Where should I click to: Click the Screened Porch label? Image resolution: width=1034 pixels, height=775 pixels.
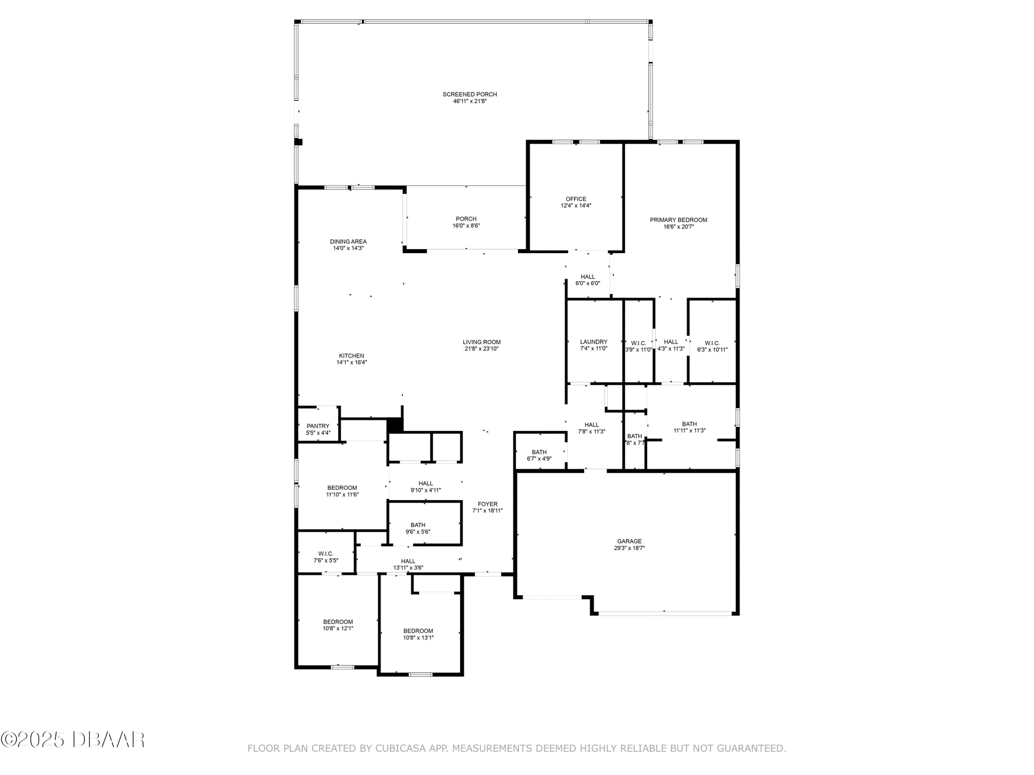[469, 95]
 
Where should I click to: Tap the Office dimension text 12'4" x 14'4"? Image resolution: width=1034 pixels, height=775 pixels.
[576, 206]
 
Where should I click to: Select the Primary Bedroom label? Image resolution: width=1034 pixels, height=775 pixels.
[678, 220]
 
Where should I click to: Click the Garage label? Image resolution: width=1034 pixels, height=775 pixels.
[629, 541]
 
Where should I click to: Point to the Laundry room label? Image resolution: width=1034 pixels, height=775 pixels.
[594, 342]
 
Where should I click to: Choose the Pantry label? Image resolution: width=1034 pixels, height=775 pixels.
[318, 426]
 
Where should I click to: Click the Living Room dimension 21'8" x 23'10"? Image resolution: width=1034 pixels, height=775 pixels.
[481, 349]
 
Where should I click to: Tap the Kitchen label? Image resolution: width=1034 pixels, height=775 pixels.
[352, 356]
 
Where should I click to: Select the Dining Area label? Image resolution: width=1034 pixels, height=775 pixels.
[348, 242]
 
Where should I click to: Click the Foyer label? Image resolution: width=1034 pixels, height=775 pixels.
[488, 504]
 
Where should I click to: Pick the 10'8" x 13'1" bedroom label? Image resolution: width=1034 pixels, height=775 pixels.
[418, 631]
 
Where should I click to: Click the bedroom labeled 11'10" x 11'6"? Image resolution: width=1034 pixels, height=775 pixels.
[342, 488]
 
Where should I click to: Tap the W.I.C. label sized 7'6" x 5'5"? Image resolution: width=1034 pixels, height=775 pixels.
[326, 554]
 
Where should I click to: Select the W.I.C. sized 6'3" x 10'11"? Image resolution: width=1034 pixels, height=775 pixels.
[712, 344]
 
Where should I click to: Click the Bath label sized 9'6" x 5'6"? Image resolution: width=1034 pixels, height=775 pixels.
[418, 525]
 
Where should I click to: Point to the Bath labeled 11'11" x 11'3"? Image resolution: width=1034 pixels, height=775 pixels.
[689, 424]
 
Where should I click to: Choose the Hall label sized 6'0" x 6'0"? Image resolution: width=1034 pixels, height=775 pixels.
[588, 277]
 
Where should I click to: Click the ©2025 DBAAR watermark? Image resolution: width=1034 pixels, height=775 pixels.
[72, 739]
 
